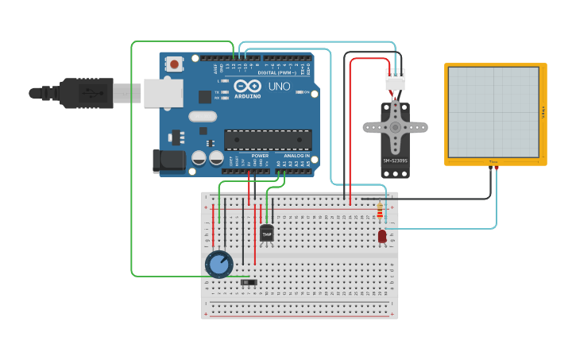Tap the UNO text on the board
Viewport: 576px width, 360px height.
pyautogui.click(x=279, y=86)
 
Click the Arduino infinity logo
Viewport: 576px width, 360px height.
pyautogui.click(x=247, y=86)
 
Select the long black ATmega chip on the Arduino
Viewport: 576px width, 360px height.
pyautogui.click(x=267, y=140)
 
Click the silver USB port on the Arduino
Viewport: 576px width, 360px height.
pyautogui.click(x=163, y=93)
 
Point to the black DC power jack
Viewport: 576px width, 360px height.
pyautogui.click(x=169, y=160)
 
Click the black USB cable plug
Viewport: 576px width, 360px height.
pyautogui.click(x=87, y=93)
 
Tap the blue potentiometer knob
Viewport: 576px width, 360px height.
pyautogui.click(x=218, y=264)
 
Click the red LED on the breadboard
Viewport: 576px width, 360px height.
pyautogui.click(x=382, y=235)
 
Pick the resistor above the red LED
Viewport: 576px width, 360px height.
pyautogui.click(x=380, y=211)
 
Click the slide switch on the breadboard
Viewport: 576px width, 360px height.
pyautogui.click(x=249, y=281)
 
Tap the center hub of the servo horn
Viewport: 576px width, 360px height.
pyautogui.click(x=395, y=126)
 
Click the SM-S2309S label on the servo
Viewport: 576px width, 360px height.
pyautogui.click(x=395, y=162)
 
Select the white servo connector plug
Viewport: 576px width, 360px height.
pyautogui.click(x=395, y=79)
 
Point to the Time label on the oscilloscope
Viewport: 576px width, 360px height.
pyautogui.click(x=493, y=161)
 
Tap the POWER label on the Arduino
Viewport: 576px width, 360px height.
pyautogui.click(x=260, y=156)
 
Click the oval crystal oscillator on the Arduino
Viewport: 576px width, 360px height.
pyautogui.click(x=203, y=116)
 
